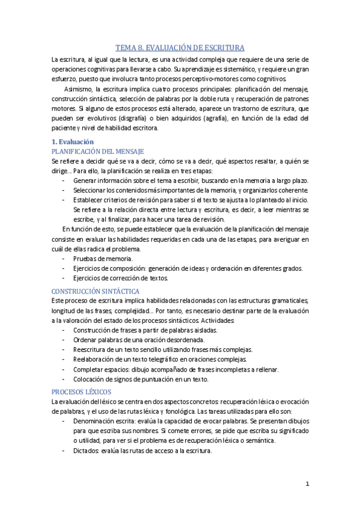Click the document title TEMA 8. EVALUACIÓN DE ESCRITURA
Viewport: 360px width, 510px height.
pyautogui.click(x=180, y=49)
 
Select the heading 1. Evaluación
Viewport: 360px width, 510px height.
pyautogui.click(x=73, y=141)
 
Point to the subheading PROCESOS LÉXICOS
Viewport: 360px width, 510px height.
pyautogui.click(x=78, y=391)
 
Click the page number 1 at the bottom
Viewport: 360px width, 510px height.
pyautogui.click(x=307, y=484)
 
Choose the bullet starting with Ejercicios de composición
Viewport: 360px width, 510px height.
pyautogui.click(x=186, y=268)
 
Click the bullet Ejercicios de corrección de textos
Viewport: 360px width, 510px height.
pyautogui.click(x=124, y=278)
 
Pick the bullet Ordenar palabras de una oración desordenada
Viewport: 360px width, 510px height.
pyautogui.click(x=141, y=340)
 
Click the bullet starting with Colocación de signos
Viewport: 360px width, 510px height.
pyautogui.click(x=140, y=379)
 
